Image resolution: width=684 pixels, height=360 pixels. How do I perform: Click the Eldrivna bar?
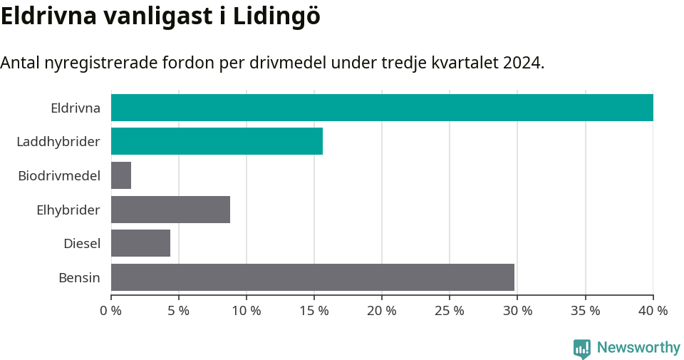click(382, 108)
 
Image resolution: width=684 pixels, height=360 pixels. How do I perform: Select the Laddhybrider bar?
click(217, 141)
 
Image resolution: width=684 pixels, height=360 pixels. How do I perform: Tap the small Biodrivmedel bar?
click(121, 175)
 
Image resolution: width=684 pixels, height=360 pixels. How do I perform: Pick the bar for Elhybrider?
click(170, 210)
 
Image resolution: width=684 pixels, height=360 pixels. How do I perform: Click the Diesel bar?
click(140, 243)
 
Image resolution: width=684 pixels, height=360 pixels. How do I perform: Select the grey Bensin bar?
click(312, 277)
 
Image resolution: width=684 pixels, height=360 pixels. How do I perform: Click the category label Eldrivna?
click(75, 108)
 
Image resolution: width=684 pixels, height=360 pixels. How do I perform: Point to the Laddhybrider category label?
click(58, 142)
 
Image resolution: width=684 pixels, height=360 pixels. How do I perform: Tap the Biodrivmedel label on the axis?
click(58, 175)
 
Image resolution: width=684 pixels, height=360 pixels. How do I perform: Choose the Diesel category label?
click(81, 244)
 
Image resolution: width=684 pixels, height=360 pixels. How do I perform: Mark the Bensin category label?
click(79, 277)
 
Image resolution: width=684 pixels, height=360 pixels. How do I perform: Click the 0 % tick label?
click(110, 311)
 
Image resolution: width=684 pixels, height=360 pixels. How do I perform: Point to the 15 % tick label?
click(313, 311)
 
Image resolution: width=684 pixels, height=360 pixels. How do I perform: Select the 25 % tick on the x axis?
click(449, 311)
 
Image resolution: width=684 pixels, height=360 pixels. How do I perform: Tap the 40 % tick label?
click(653, 311)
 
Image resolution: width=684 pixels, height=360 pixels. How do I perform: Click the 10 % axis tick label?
click(246, 311)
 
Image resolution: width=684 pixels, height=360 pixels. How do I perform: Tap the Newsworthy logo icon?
click(581, 348)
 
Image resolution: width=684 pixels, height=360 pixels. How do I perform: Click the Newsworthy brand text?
click(638, 348)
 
